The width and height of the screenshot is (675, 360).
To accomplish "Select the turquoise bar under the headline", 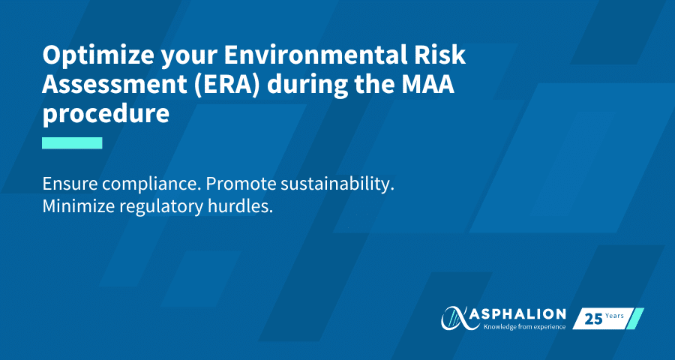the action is point(72,143).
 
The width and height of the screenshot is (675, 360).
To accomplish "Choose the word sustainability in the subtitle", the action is point(337,185).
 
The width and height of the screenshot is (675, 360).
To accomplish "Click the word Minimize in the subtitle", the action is point(78,207).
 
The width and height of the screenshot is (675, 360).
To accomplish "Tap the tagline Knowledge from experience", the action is point(524,327).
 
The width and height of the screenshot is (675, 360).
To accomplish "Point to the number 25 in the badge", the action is point(593,319).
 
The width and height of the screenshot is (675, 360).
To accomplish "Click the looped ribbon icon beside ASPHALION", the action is point(456,318).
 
